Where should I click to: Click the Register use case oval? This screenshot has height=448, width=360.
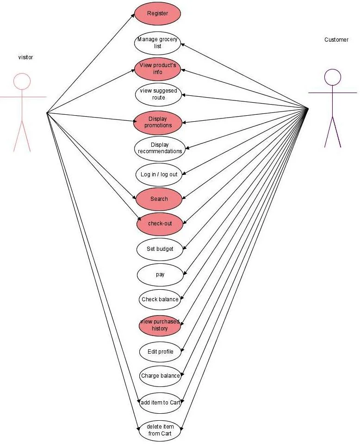157,13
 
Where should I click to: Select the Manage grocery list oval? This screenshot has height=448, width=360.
157,43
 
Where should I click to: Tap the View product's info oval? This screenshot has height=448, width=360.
157,69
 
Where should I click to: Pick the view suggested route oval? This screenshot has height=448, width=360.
158,94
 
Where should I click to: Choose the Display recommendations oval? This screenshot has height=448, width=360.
160,148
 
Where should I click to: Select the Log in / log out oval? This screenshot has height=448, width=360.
159,174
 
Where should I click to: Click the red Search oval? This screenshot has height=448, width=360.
159,199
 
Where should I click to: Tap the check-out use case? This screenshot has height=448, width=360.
160,224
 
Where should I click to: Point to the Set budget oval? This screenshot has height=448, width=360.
160,249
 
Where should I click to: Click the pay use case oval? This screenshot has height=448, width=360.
160,274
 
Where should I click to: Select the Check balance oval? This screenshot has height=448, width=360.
160,299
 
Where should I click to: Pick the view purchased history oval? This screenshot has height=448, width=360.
160,325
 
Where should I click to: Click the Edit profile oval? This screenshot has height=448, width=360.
160,352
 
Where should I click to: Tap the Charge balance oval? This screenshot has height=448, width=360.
160,376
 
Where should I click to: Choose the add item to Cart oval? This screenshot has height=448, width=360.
160,403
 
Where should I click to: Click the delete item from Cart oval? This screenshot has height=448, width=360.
159,430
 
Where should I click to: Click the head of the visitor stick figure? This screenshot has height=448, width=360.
22,81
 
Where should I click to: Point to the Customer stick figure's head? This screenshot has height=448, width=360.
332,77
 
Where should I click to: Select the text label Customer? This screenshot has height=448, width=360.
336,40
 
